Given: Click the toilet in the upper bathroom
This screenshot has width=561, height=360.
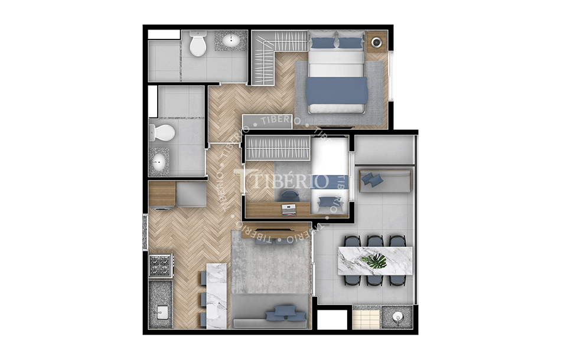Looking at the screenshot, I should [x=198, y=44].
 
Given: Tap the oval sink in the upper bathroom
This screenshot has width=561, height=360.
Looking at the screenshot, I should [x=231, y=41].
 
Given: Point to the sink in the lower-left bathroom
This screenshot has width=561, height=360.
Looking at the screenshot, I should [x=159, y=160].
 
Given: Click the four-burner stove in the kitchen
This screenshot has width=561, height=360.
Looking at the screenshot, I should [x=160, y=266].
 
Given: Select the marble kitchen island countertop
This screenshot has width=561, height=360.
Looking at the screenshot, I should [x=216, y=295].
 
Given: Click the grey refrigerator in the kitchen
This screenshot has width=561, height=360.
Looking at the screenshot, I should [x=191, y=194].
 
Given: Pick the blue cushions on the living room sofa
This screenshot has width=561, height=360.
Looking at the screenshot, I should [x=282, y=312].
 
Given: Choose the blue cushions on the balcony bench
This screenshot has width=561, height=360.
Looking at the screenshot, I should [x=372, y=179].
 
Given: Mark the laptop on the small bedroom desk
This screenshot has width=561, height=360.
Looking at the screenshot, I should [x=289, y=207].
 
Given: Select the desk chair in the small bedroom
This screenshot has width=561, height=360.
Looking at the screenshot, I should [x=289, y=195].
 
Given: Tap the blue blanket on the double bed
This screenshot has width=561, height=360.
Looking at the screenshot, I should [x=337, y=90].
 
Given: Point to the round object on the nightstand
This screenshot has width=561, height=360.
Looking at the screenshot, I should [x=376, y=41].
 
